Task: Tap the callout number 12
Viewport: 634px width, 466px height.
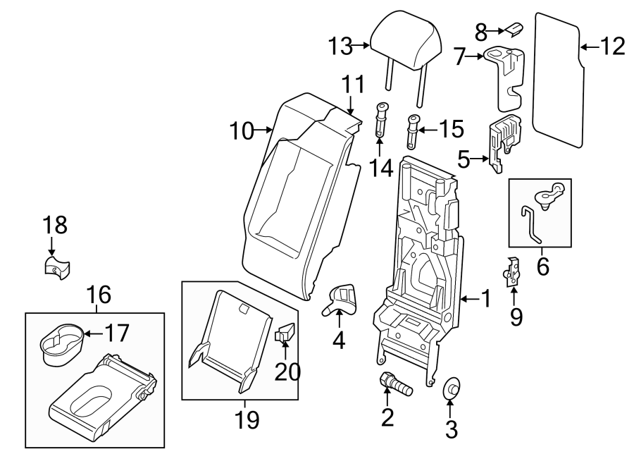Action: [612, 47]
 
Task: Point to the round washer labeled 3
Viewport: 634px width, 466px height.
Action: [452, 389]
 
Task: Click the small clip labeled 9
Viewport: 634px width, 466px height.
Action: [514, 271]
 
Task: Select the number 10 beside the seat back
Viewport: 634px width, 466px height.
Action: [243, 130]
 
